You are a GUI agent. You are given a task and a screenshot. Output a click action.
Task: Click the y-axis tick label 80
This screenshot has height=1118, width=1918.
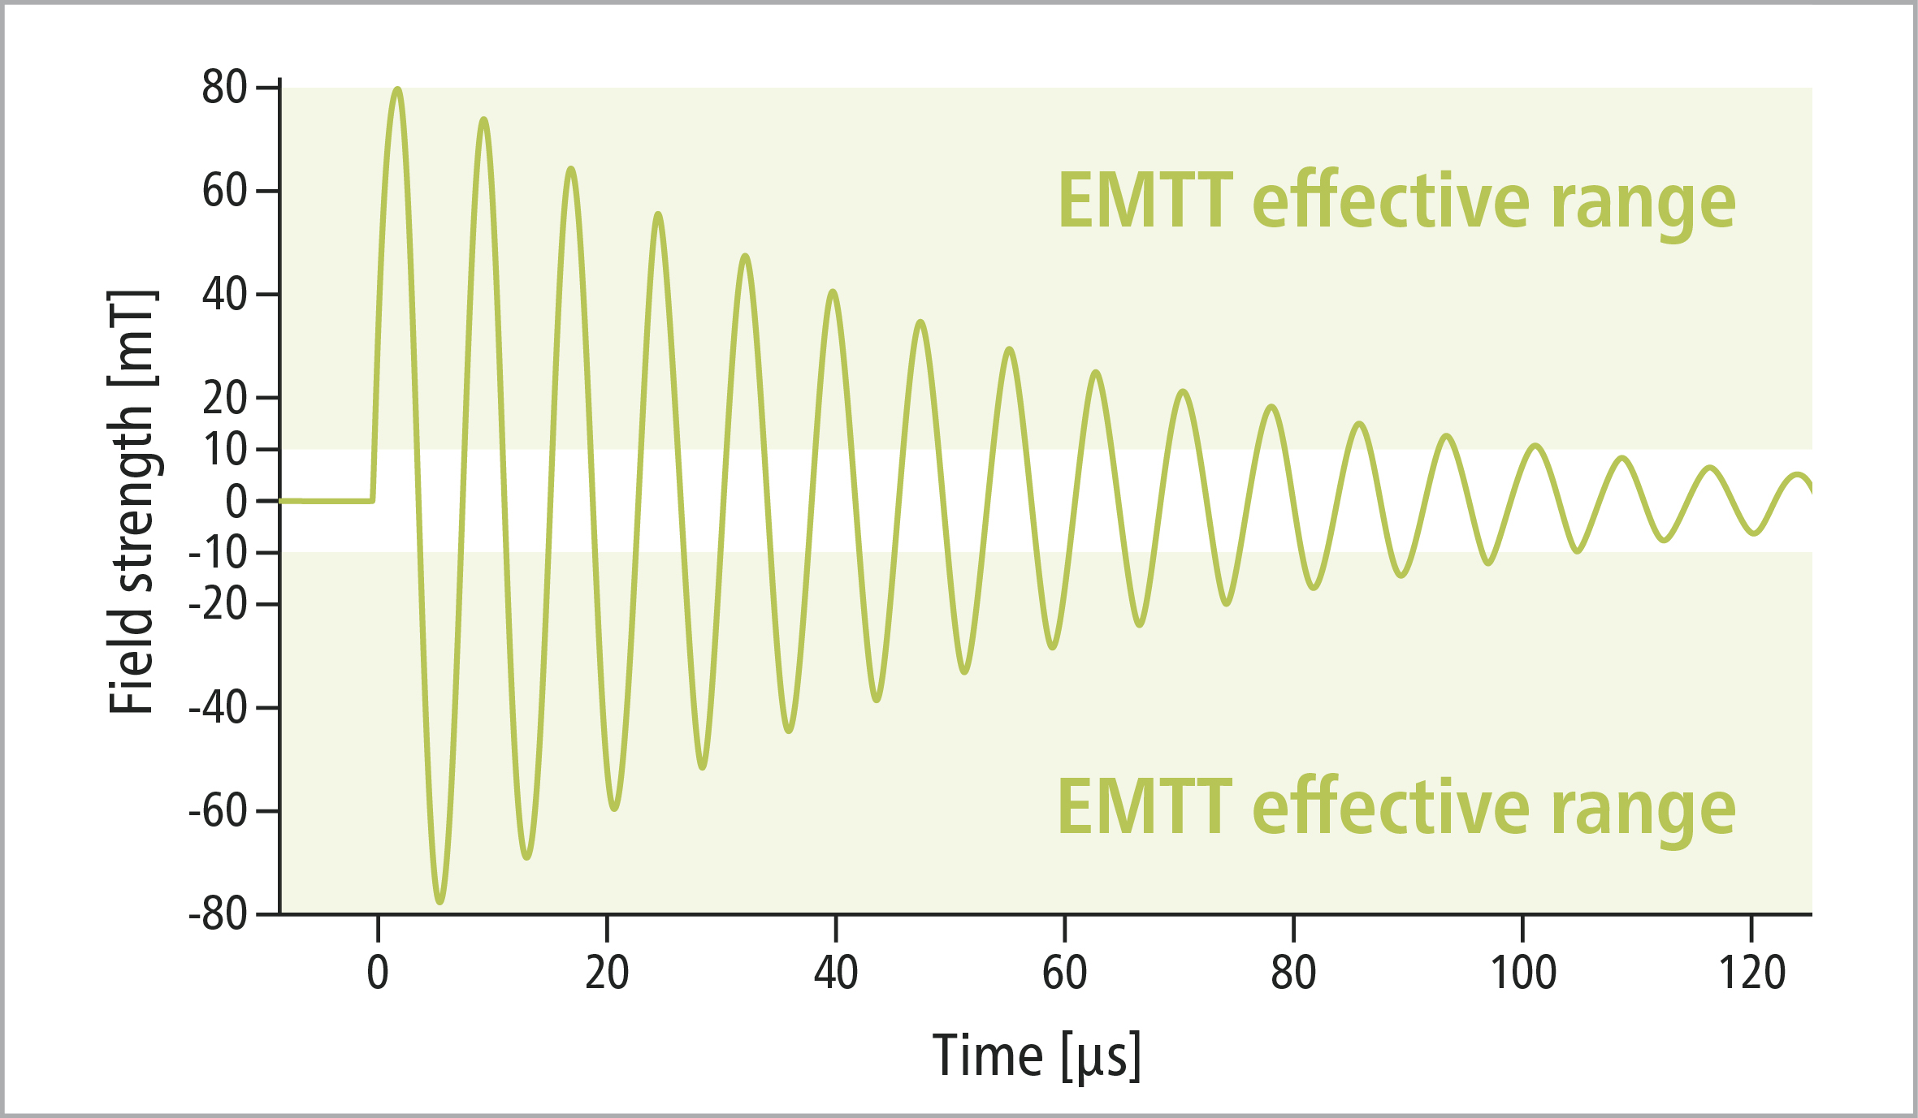point(224,88)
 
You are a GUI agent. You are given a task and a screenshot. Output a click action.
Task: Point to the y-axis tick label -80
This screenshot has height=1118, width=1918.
point(218,915)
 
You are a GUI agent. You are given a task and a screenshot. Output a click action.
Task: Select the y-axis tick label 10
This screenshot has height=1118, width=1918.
point(224,450)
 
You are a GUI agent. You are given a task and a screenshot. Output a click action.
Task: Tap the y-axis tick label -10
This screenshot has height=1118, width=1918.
point(218,554)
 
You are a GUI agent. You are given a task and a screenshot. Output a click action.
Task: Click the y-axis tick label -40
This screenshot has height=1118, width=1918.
point(218,708)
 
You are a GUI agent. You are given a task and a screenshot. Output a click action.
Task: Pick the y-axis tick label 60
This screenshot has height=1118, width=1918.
point(224,192)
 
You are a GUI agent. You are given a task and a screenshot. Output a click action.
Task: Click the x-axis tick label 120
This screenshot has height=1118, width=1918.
point(1751,973)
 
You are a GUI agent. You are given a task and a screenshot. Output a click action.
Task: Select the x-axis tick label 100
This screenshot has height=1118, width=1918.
point(1522,973)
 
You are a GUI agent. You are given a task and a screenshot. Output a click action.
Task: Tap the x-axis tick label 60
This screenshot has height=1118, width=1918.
point(1064,973)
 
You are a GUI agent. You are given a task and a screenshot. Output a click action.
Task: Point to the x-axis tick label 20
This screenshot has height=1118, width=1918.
point(607,973)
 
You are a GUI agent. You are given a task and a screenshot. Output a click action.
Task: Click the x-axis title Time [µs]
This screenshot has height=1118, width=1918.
point(1037,1055)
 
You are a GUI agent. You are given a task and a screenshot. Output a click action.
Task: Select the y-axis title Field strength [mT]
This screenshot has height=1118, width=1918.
point(132,502)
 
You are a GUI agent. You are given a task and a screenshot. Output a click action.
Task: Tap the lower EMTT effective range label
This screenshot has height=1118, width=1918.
point(1396,807)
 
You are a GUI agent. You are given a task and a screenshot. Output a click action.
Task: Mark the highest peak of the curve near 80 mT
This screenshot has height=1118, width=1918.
point(397,88)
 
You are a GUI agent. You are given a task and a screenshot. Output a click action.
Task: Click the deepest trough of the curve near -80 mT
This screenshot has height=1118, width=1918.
point(440,902)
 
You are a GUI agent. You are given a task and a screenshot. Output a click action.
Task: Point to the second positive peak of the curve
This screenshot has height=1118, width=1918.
point(484,119)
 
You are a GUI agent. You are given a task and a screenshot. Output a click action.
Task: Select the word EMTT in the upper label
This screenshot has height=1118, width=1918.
point(1145,201)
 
